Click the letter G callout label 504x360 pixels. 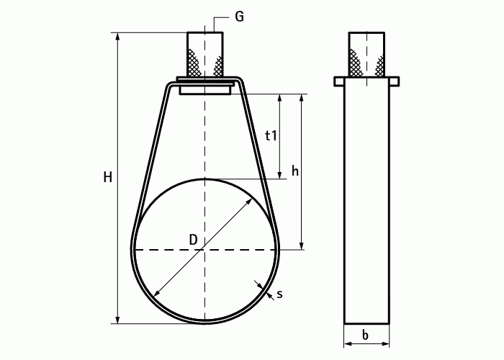tap(239, 16)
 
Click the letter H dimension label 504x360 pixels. tap(108, 177)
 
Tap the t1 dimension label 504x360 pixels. tap(271, 135)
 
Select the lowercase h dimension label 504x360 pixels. tap(295, 171)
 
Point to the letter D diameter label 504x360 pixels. tap(193, 240)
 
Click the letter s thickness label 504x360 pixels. tap(279, 294)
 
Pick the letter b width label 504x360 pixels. tap(365, 336)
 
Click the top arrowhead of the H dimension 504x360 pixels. tap(118, 36)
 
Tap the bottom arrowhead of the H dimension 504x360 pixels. tap(118, 320)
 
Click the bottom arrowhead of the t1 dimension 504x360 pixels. tap(280, 175)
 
